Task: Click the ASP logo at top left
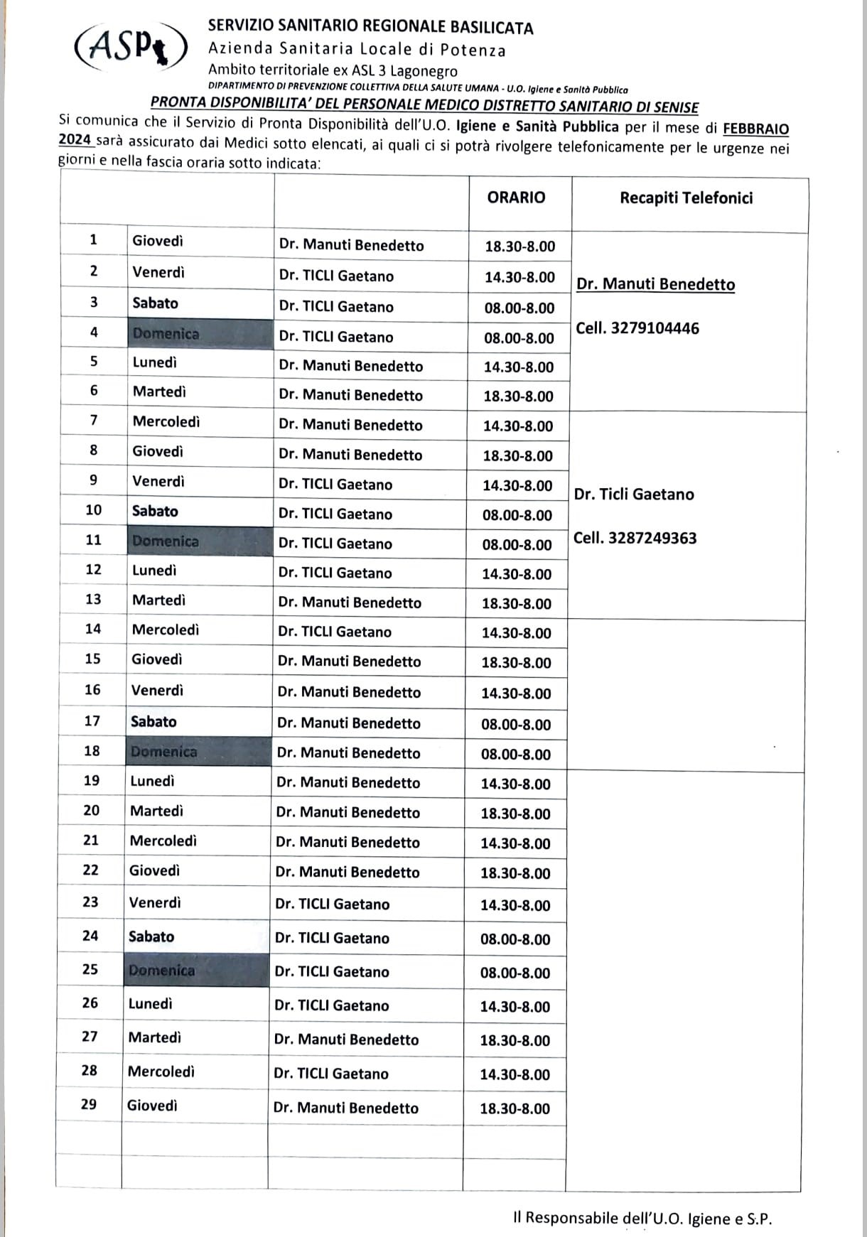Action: pyautogui.click(x=131, y=47)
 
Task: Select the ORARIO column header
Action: pyautogui.click(x=516, y=198)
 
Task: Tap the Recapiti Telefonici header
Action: pyautogui.click(x=686, y=198)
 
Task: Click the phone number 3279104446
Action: pyautogui.click(x=655, y=328)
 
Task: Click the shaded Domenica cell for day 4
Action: pyautogui.click(x=166, y=333)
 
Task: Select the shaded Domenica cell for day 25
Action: pyautogui.click(x=161, y=970)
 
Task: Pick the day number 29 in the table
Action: pyautogui.click(x=89, y=1104)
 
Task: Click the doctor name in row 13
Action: pyautogui.click(x=350, y=603)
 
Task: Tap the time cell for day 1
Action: pyautogui.click(x=519, y=247)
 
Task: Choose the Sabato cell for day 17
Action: pyautogui.click(x=154, y=721)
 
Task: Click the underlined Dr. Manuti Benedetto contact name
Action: pyautogui.click(x=655, y=284)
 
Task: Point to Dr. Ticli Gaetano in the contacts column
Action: pyautogui.click(x=634, y=495)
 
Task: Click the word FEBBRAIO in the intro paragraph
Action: pyautogui.click(x=755, y=129)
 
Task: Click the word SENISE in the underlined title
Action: pyautogui.click(x=672, y=107)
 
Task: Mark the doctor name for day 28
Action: pyautogui.click(x=331, y=1074)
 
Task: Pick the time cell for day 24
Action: pyautogui.click(x=515, y=939)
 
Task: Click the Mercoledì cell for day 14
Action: pyautogui.click(x=166, y=630)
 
